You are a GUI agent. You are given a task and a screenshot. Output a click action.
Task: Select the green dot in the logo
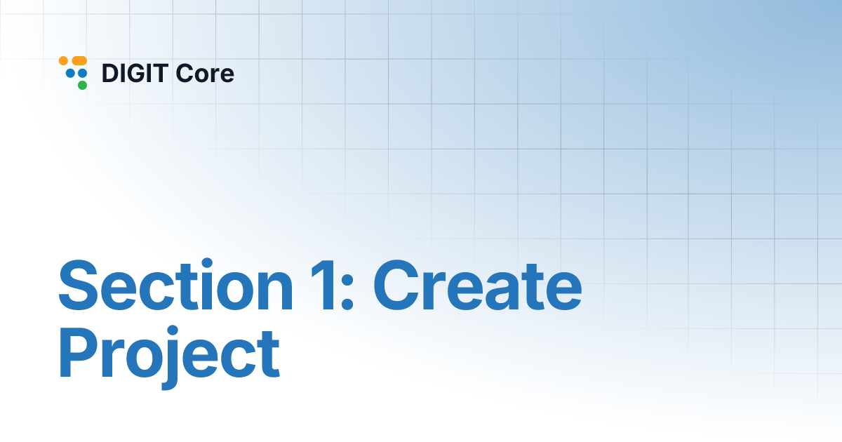(82, 86)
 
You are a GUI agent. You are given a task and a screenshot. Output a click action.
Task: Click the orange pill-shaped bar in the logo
(79, 61)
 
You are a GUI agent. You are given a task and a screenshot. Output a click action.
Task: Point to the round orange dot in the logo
(63, 61)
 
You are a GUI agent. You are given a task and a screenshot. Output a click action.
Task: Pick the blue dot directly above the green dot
(82, 73)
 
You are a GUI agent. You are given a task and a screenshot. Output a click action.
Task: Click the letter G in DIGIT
(139, 73)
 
